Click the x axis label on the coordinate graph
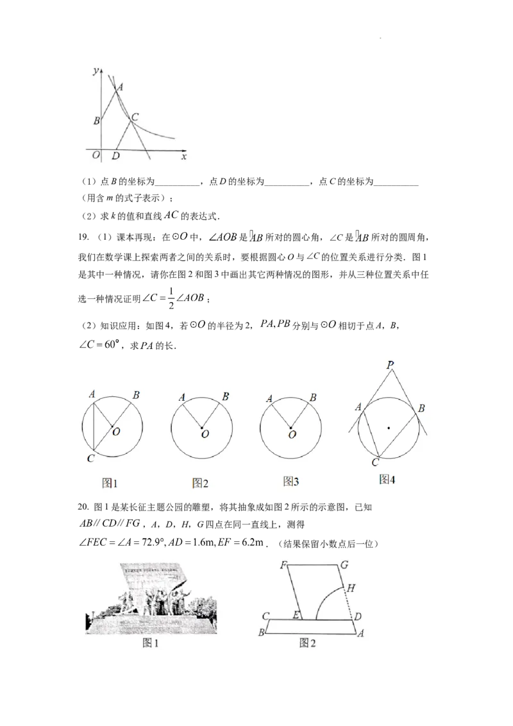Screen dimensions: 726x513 click(x=184, y=156)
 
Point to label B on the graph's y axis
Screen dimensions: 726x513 click(x=96, y=121)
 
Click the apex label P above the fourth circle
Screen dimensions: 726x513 click(x=390, y=365)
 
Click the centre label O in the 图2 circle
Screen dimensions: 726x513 click(x=205, y=434)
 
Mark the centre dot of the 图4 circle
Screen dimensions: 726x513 click(x=389, y=426)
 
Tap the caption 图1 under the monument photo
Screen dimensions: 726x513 click(x=151, y=643)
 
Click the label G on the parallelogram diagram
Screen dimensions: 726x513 click(x=344, y=565)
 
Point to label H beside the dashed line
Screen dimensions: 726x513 click(x=349, y=587)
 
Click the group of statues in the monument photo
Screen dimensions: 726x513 click(x=154, y=603)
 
